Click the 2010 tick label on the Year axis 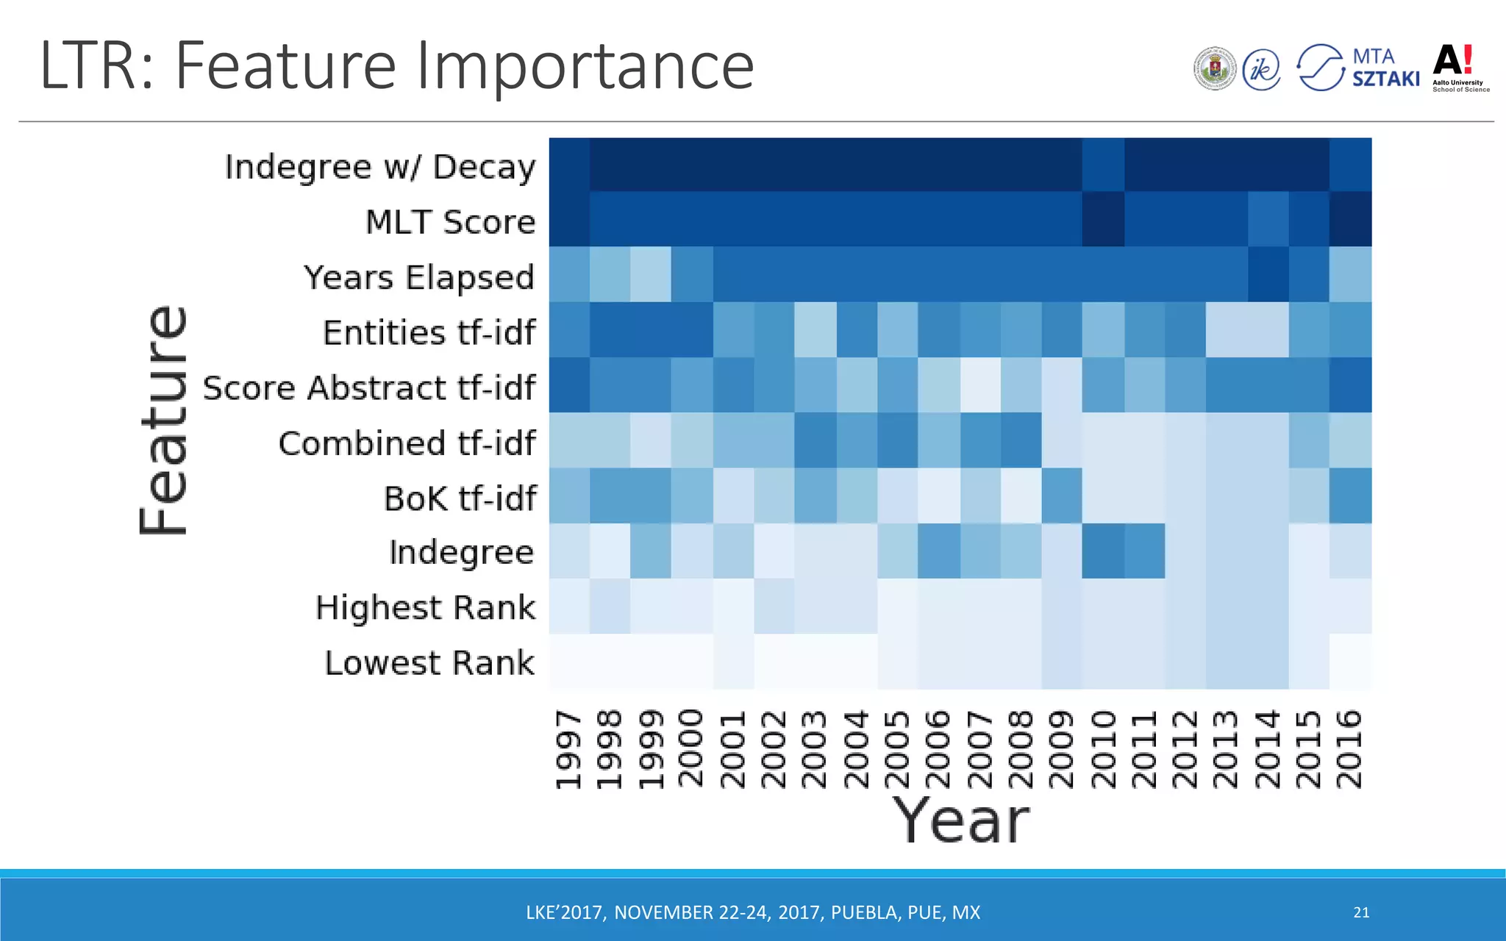pos(1103,748)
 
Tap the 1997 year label pos(568,748)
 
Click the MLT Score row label pos(450,222)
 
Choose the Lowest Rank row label pos(429,663)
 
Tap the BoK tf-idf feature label pos(460,498)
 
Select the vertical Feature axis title pos(164,420)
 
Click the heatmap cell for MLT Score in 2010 pos(1103,219)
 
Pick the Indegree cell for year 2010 pos(1103,551)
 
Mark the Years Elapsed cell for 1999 pos(651,274)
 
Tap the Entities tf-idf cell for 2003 pos(815,329)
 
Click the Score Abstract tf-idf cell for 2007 pos(979,384)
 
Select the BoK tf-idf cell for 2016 pos(1350,495)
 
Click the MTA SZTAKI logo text pos(1385,68)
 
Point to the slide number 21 pos(1361,912)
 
